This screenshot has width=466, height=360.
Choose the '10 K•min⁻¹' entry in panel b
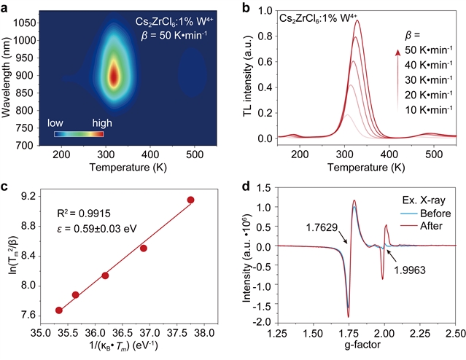tap(430, 109)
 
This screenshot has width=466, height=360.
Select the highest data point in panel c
tap(190, 200)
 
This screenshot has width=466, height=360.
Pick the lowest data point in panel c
tap(59, 310)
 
